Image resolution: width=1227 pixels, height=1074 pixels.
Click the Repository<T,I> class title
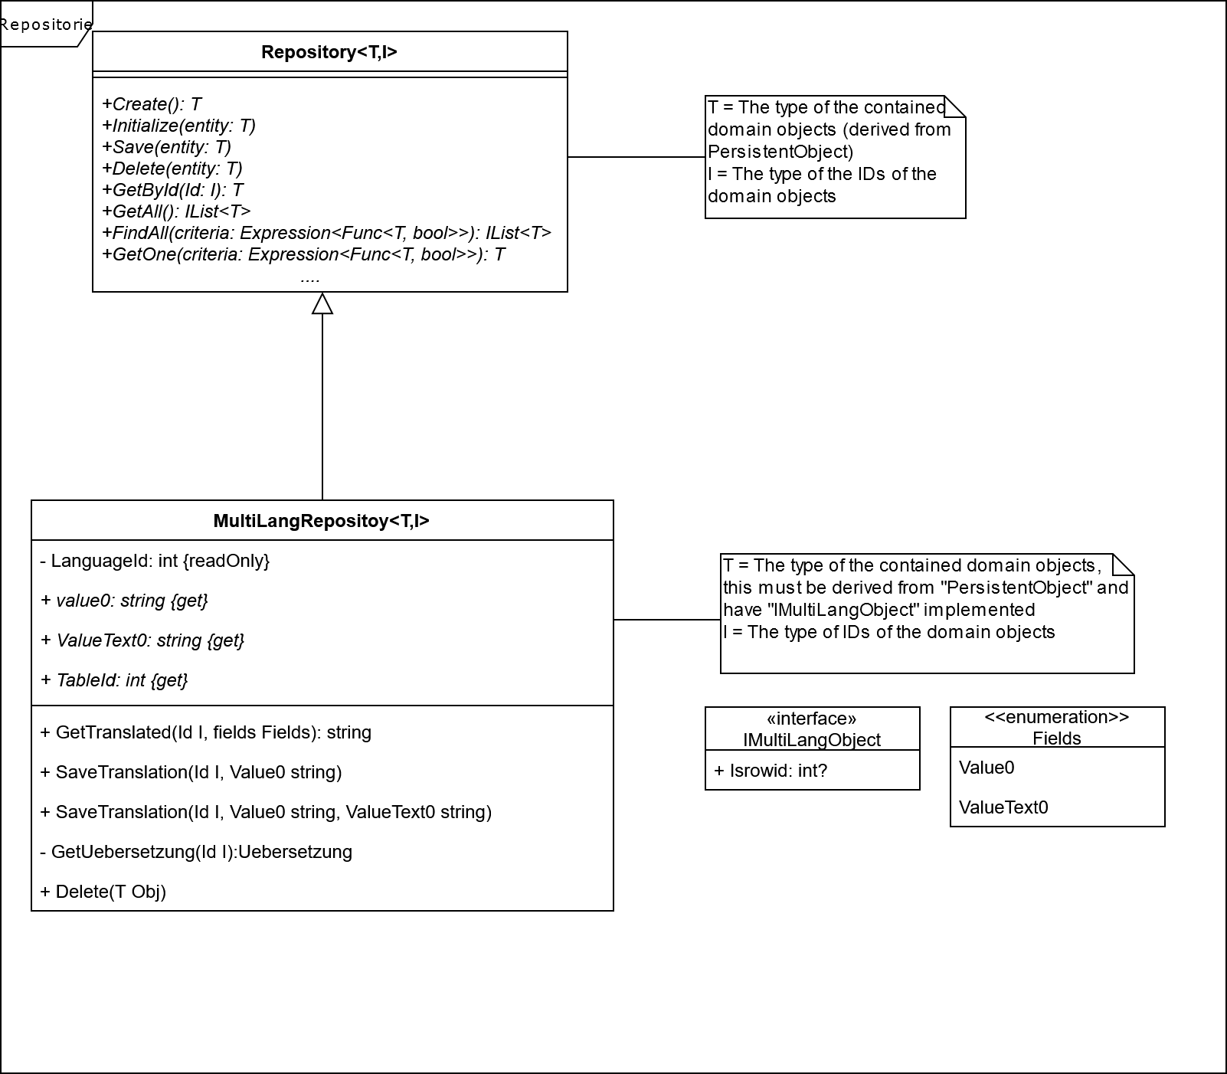point(329,52)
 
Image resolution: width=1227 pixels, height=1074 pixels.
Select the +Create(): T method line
point(152,104)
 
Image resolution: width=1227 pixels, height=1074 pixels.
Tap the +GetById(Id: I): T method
point(172,190)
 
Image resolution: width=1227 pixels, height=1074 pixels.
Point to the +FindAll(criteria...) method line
point(326,233)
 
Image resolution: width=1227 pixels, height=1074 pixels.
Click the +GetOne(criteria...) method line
point(303,254)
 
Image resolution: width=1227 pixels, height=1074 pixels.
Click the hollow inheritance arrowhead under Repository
point(322,304)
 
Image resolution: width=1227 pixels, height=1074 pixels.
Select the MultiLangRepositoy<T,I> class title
point(322,521)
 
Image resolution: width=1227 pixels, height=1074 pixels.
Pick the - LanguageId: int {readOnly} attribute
point(155,561)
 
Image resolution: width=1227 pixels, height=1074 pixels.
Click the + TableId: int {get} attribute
point(114,680)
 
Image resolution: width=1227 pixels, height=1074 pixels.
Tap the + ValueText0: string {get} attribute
point(142,640)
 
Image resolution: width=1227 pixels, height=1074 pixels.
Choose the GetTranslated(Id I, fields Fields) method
point(205,732)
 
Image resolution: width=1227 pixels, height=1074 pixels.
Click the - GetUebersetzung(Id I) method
point(196,852)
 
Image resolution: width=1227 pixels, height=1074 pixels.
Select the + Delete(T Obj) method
point(103,892)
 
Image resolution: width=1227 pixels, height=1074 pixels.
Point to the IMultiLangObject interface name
point(812,740)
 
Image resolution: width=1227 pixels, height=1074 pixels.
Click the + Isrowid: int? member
point(771,771)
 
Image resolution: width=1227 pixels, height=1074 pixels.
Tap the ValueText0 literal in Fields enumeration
point(1003,807)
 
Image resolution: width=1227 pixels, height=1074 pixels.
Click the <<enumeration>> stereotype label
point(1056,717)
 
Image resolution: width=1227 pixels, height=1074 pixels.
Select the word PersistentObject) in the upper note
point(780,152)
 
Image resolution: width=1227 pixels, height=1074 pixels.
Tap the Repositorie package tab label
point(46,25)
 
